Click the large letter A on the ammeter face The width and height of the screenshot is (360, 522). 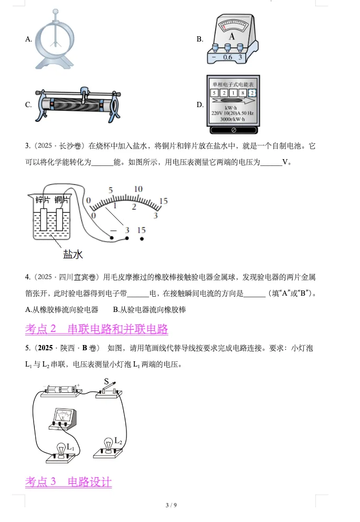tap(232, 36)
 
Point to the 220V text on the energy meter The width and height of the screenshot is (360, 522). tap(218, 113)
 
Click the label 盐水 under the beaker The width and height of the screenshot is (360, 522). tap(73, 255)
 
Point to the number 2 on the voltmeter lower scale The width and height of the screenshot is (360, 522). tap(134, 206)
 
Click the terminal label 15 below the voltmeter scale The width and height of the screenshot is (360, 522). tap(141, 230)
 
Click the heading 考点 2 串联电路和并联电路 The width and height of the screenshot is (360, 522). tap(97, 329)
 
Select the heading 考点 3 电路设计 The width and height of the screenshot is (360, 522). tap(69, 482)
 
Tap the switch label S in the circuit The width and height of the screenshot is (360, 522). tap(106, 381)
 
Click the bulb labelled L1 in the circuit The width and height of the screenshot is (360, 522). tap(61, 450)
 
